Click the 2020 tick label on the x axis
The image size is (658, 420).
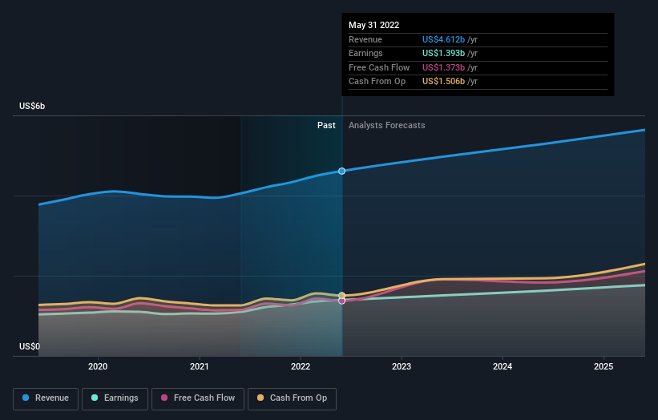pyautogui.click(x=98, y=366)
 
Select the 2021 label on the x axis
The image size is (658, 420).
pyautogui.click(x=199, y=366)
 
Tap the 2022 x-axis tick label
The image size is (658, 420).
pyautogui.click(x=300, y=366)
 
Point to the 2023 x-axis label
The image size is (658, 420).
pyautogui.click(x=402, y=366)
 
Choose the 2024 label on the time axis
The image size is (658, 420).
pyautogui.click(x=503, y=366)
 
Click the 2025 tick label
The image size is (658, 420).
pyautogui.click(x=604, y=366)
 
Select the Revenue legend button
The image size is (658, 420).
pyautogui.click(x=46, y=398)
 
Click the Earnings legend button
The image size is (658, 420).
pyautogui.click(x=115, y=398)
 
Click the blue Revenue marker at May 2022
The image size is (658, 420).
pyautogui.click(x=342, y=171)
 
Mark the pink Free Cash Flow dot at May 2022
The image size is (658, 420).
pyautogui.click(x=342, y=301)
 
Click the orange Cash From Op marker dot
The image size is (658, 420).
pyautogui.click(x=342, y=295)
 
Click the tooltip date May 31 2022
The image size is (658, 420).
pyautogui.click(x=374, y=25)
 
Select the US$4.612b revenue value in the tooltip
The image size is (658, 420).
pyautogui.click(x=450, y=39)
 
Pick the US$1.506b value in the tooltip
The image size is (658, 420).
pyautogui.click(x=450, y=82)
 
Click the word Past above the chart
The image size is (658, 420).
pyautogui.click(x=326, y=125)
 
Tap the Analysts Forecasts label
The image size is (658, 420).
pyautogui.click(x=387, y=125)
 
